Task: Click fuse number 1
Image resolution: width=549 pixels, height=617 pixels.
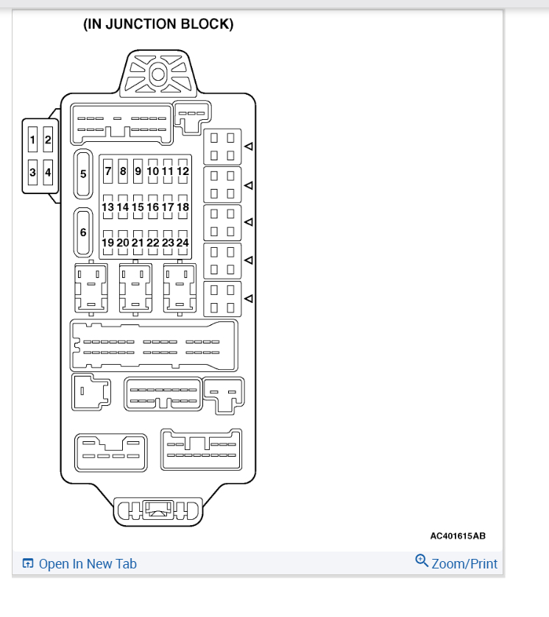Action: click(x=32, y=139)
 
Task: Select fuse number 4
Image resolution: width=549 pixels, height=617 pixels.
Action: click(x=48, y=173)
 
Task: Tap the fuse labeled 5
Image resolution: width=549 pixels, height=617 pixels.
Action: click(x=83, y=174)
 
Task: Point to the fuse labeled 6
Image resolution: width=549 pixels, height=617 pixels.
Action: click(x=83, y=232)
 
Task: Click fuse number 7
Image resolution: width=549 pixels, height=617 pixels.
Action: click(x=108, y=171)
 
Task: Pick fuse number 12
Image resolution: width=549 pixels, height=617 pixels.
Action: click(x=183, y=171)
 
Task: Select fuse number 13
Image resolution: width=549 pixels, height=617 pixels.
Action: click(x=108, y=207)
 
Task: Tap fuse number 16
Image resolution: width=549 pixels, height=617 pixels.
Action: click(x=152, y=207)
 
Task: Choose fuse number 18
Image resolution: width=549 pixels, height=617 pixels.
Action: click(x=183, y=207)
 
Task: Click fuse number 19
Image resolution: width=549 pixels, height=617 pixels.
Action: click(x=108, y=243)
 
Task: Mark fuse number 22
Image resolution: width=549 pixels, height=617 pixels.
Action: click(x=152, y=243)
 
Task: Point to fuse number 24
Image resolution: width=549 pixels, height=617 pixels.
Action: click(x=183, y=243)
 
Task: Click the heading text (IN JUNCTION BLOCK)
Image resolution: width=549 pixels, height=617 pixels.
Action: click(x=158, y=24)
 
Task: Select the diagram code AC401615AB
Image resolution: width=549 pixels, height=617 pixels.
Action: click(x=458, y=536)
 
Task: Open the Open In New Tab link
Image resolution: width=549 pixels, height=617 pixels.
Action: click(x=88, y=564)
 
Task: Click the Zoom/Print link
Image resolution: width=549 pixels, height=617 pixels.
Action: click(x=464, y=564)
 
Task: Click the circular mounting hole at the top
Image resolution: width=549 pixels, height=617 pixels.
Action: click(x=157, y=74)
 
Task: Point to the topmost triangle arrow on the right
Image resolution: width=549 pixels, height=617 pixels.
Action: click(x=249, y=146)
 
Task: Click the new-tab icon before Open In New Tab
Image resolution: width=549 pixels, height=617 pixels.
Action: click(x=28, y=564)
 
